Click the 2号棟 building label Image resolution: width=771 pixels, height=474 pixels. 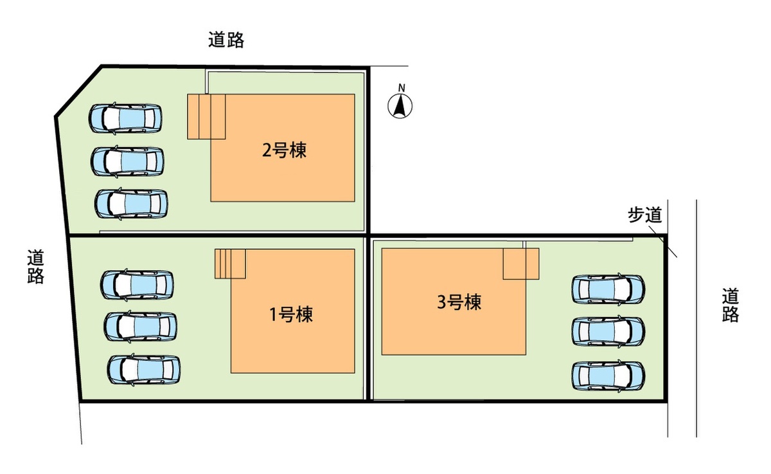pos(284,150)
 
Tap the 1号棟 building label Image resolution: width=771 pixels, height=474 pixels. pos(291,314)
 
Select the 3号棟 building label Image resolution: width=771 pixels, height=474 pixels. pos(459,302)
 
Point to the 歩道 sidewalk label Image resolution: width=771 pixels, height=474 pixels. pos(645,215)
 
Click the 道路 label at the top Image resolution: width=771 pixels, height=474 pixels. pos(226,40)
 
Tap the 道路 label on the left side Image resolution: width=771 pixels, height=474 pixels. pos(36,267)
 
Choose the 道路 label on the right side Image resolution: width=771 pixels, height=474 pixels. pos(731,305)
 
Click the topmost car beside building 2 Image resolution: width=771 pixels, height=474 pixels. pos(125,118)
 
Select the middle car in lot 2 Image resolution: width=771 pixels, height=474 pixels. pos(127,161)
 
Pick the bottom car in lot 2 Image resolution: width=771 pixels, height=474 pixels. pos(132,204)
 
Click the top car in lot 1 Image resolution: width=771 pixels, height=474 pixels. pos(137,285)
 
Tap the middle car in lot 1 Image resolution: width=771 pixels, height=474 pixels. pos(141,326)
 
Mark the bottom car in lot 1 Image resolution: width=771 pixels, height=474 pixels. pos(144,370)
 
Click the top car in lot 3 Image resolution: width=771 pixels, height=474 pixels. pos(608,289)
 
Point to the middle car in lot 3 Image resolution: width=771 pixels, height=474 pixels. pos(608,331)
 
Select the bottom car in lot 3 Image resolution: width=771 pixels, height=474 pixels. pos(608,375)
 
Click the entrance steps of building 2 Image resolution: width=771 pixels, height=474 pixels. pos(206,117)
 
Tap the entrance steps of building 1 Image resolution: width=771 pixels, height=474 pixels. pos(230,264)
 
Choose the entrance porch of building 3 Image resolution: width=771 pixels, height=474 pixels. pos(521,264)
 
